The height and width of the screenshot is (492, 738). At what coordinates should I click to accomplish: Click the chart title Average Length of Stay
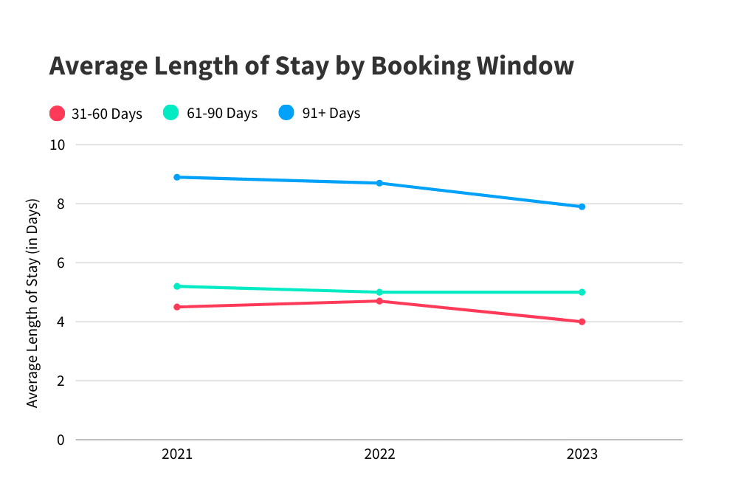(x=311, y=66)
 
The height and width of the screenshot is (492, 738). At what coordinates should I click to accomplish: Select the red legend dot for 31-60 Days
(x=58, y=114)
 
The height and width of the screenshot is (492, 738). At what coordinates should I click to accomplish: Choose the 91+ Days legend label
(x=331, y=114)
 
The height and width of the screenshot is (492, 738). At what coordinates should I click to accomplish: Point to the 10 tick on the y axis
(x=58, y=145)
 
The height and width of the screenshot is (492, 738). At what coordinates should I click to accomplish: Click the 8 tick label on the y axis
(x=61, y=204)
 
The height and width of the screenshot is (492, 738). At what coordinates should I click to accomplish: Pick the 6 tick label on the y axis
(x=61, y=263)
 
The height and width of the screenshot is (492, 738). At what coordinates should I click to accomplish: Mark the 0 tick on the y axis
(x=61, y=440)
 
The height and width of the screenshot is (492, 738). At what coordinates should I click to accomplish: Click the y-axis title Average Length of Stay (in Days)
(x=32, y=302)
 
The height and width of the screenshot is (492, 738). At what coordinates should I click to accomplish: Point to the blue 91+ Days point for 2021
(x=177, y=177)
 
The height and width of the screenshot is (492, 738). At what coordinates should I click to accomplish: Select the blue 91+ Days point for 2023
(x=582, y=207)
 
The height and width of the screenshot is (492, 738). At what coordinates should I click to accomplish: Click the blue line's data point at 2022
(x=379, y=183)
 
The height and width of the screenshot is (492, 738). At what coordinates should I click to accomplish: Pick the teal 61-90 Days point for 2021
(x=177, y=286)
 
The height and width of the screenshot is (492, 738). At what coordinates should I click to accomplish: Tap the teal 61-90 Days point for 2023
(x=582, y=292)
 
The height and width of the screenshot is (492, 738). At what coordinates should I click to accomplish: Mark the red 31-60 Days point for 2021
(x=177, y=307)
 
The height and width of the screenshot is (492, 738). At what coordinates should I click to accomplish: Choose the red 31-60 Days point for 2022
(x=379, y=301)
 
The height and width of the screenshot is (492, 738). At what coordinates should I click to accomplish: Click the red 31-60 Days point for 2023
(x=582, y=322)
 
